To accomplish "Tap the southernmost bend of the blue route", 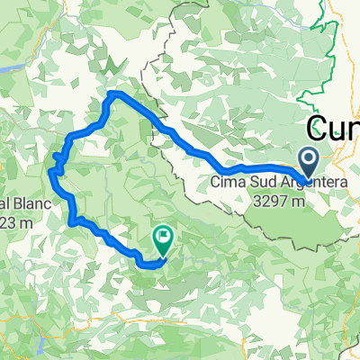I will tap(149, 264).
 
